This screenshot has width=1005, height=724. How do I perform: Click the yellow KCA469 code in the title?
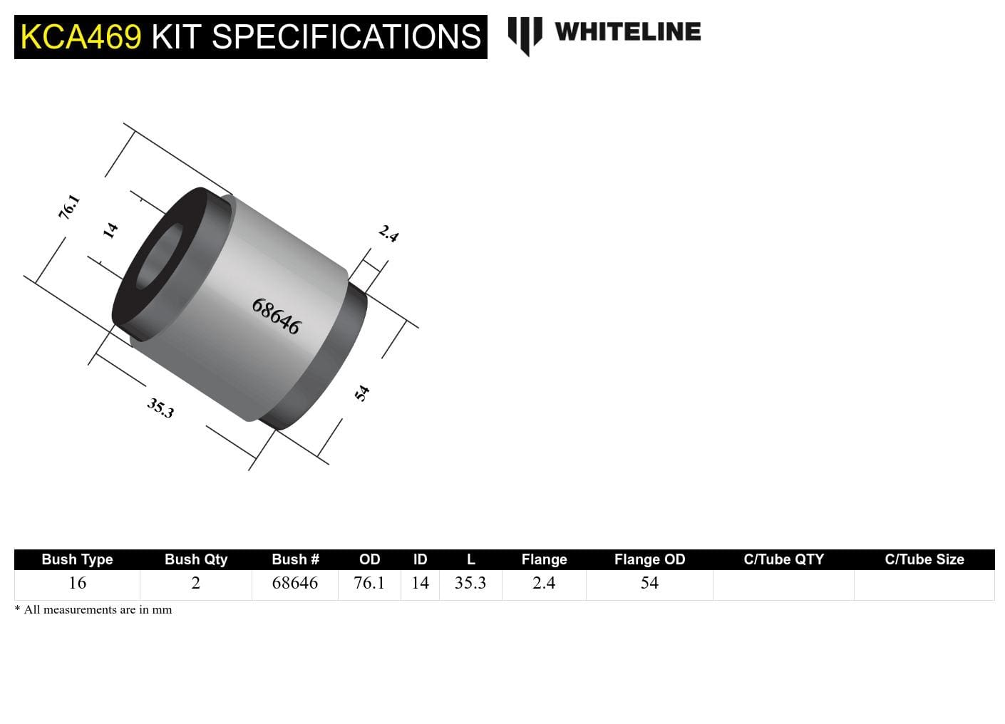click(x=81, y=37)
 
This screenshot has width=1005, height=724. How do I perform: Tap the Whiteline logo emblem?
click(x=525, y=35)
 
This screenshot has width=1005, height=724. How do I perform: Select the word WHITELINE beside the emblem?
click(x=627, y=32)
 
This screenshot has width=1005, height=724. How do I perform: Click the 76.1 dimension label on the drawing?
click(x=69, y=207)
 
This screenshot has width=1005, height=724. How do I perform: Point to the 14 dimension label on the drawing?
click(x=110, y=230)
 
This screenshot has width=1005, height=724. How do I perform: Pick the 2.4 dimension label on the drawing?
click(x=388, y=233)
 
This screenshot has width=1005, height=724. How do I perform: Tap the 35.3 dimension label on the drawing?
click(x=160, y=408)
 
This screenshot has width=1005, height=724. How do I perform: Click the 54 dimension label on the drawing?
click(x=362, y=393)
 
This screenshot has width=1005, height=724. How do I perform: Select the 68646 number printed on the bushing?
click(x=276, y=316)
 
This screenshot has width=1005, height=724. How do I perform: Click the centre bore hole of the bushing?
click(x=158, y=258)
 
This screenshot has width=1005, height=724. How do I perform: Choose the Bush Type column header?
click(x=77, y=559)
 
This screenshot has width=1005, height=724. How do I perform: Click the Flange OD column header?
click(x=649, y=559)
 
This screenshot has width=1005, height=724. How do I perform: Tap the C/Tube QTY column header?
click(x=783, y=559)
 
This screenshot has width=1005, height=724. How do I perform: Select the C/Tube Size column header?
click(x=924, y=559)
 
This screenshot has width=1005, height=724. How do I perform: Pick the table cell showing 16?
click(x=77, y=583)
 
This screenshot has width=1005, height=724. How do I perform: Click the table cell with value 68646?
click(x=294, y=583)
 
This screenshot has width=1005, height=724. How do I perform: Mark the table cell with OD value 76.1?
click(x=369, y=583)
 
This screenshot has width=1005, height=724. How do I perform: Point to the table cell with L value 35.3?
click(x=470, y=583)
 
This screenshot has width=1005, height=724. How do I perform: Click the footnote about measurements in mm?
click(x=93, y=610)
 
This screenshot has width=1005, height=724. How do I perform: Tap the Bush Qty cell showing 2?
click(x=195, y=583)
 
